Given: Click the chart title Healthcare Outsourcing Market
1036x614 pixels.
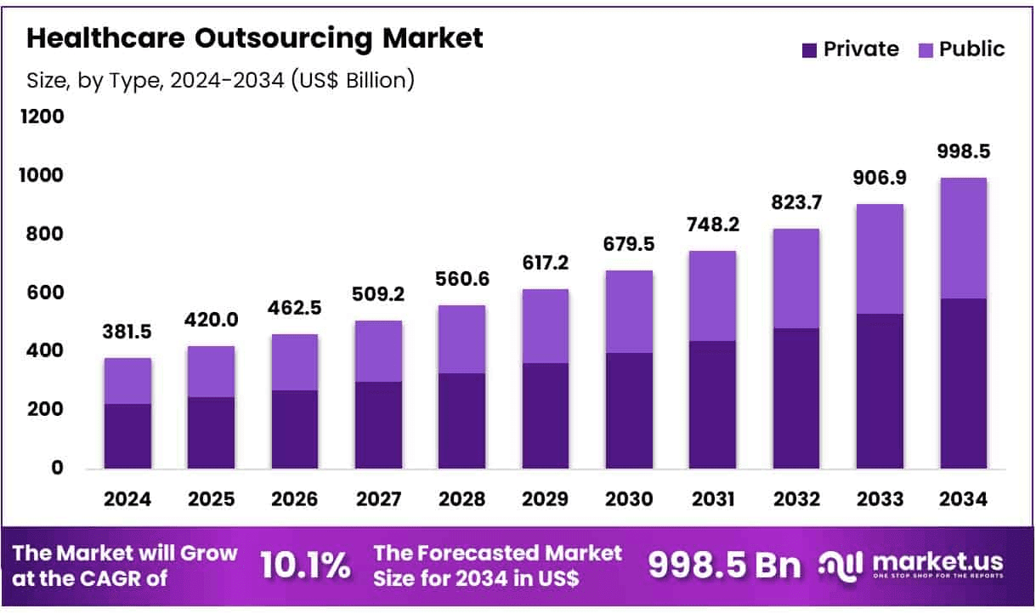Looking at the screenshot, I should [x=255, y=38].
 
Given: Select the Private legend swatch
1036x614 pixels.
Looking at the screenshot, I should [x=810, y=50].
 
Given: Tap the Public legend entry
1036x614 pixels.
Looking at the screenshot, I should [x=961, y=49].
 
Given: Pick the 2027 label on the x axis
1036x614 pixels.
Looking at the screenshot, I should [x=378, y=499].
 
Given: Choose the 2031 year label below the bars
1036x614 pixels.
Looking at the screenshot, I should [x=712, y=499].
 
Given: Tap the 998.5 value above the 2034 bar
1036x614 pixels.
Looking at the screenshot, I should [x=963, y=152].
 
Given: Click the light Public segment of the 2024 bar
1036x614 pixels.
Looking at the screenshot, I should [x=127, y=380].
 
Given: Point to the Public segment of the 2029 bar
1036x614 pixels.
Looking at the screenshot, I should [x=546, y=326].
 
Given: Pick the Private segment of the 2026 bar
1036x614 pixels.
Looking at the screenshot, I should [x=295, y=429].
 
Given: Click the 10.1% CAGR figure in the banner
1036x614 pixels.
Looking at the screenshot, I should [x=305, y=565].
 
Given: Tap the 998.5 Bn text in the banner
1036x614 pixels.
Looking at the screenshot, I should [x=724, y=565].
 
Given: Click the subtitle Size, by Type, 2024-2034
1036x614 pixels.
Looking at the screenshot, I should [x=221, y=81].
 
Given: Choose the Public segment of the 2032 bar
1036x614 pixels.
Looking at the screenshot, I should [x=796, y=278].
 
